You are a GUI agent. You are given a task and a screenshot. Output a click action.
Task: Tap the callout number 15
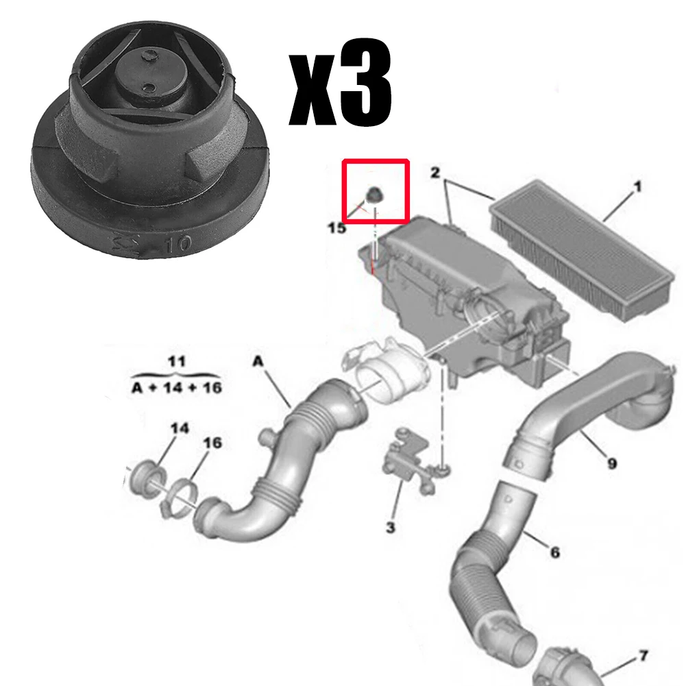pos(336,228)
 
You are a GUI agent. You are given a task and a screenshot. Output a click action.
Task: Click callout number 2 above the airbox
pos(434,173)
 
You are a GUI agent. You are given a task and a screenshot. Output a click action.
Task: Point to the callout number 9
pos(611,463)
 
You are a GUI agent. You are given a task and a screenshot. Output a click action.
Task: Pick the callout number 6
pos(554,550)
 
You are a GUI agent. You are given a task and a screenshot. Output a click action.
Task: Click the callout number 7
pos(643,656)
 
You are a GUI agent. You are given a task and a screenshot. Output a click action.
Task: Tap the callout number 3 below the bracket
pos(390,527)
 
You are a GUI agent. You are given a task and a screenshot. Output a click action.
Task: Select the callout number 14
pos(179,428)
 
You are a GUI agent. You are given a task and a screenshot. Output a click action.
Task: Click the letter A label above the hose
pos(258,360)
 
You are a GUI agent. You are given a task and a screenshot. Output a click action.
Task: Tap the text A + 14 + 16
pos(177,387)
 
